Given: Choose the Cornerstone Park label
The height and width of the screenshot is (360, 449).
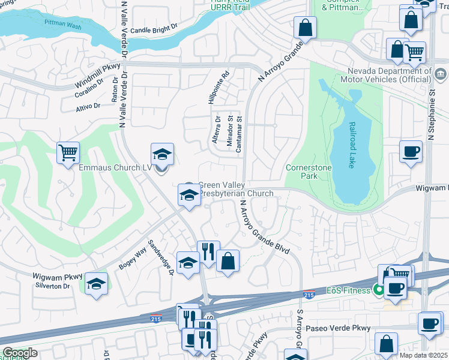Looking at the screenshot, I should point(309,172).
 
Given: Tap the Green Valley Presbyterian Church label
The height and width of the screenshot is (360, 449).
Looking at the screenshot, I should point(235,190).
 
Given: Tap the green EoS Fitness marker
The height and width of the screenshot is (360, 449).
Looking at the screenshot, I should point(378,291).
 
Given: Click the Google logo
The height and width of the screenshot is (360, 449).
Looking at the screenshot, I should point(20,353).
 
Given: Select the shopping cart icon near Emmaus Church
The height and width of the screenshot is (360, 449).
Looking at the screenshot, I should point(68,152).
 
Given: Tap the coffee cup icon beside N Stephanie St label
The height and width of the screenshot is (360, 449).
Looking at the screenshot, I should point(411,151).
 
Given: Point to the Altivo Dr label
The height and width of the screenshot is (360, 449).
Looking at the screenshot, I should point(88,106).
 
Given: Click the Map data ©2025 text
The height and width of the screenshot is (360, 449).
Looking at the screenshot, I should point(422,355).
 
